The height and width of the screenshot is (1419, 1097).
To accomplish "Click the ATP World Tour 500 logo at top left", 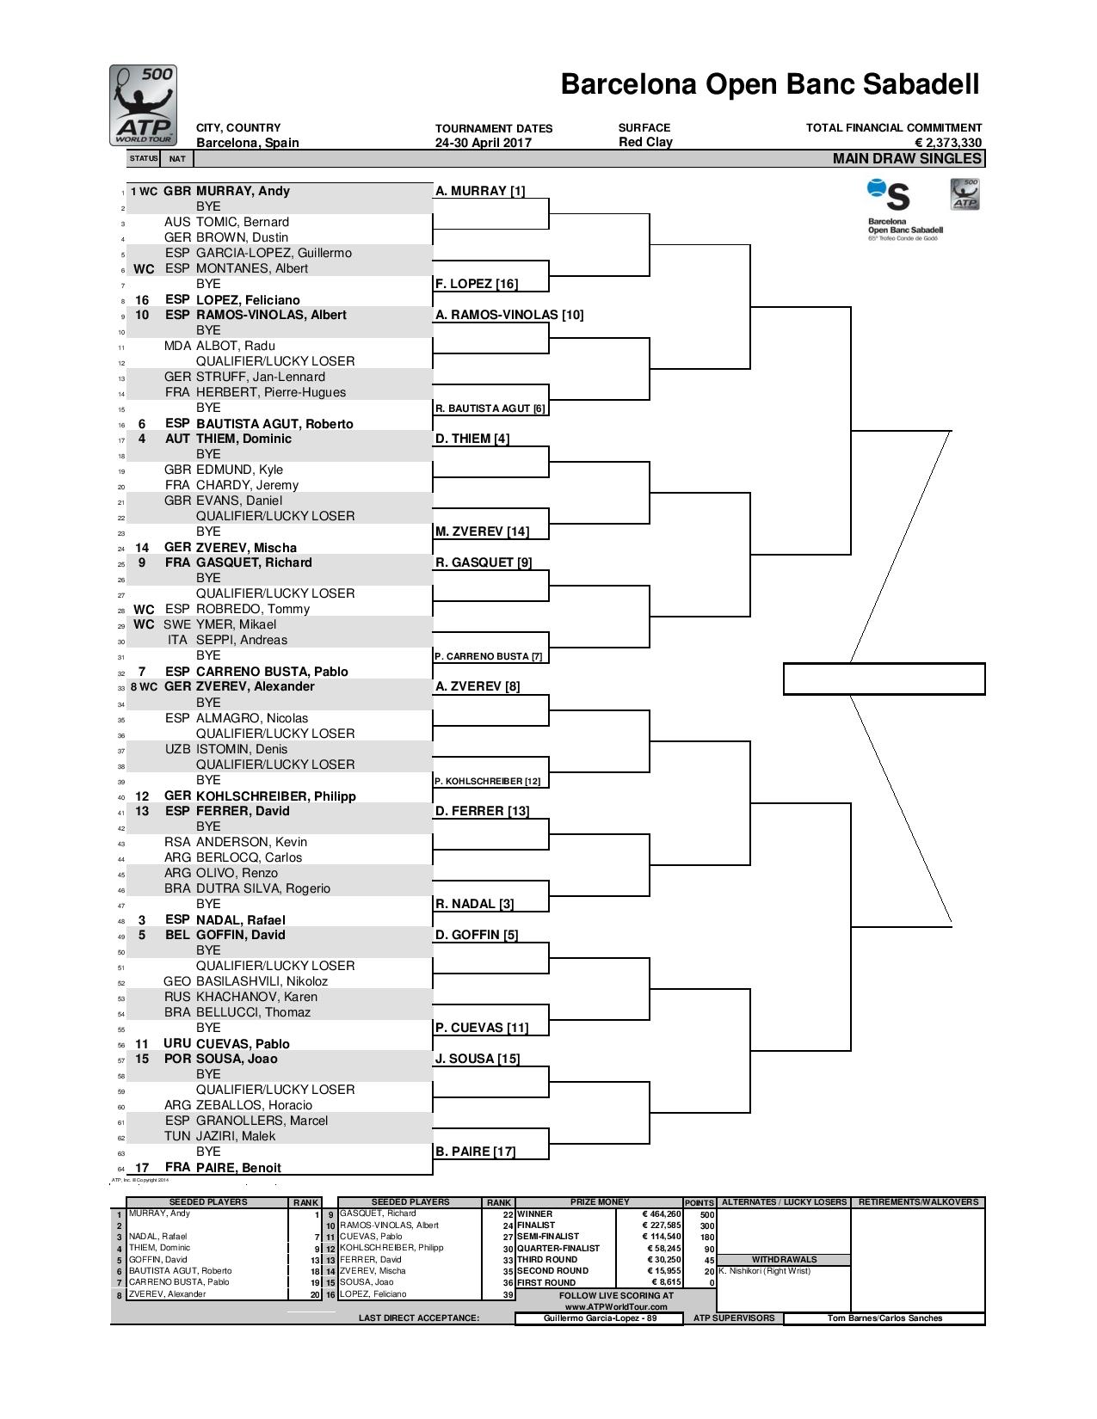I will click(x=144, y=105).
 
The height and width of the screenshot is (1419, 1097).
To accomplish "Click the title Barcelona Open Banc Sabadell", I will click(x=769, y=84).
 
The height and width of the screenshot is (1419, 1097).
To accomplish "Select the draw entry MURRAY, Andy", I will click(x=243, y=191).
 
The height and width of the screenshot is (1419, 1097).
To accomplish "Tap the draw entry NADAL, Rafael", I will click(x=240, y=919).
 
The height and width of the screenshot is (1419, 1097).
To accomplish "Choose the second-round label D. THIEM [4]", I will click(x=472, y=439).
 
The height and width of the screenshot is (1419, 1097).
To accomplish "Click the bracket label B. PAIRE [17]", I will click(x=475, y=1152).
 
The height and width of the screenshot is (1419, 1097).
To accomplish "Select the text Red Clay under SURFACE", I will click(x=645, y=142).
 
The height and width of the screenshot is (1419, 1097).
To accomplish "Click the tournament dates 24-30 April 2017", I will click(x=483, y=143).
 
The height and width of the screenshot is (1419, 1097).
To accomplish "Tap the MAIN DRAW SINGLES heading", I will click(x=907, y=158).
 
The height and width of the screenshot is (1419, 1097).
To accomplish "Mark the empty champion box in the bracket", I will click(x=884, y=679).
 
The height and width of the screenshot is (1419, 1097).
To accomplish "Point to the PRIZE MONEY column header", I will click(x=600, y=1202).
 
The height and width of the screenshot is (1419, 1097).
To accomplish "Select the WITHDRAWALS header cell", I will click(x=783, y=1259).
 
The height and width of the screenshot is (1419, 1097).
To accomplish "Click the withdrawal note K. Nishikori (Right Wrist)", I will click(x=764, y=1270).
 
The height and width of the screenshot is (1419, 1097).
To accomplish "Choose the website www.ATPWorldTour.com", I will click(x=616, y=1306).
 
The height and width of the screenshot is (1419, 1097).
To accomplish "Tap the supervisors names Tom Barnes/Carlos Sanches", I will click(x=884, y=1318).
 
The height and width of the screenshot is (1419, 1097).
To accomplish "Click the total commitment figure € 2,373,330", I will click(x=948, y=143).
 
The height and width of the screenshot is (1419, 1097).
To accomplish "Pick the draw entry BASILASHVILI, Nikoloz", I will click(x=262, y=981).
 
